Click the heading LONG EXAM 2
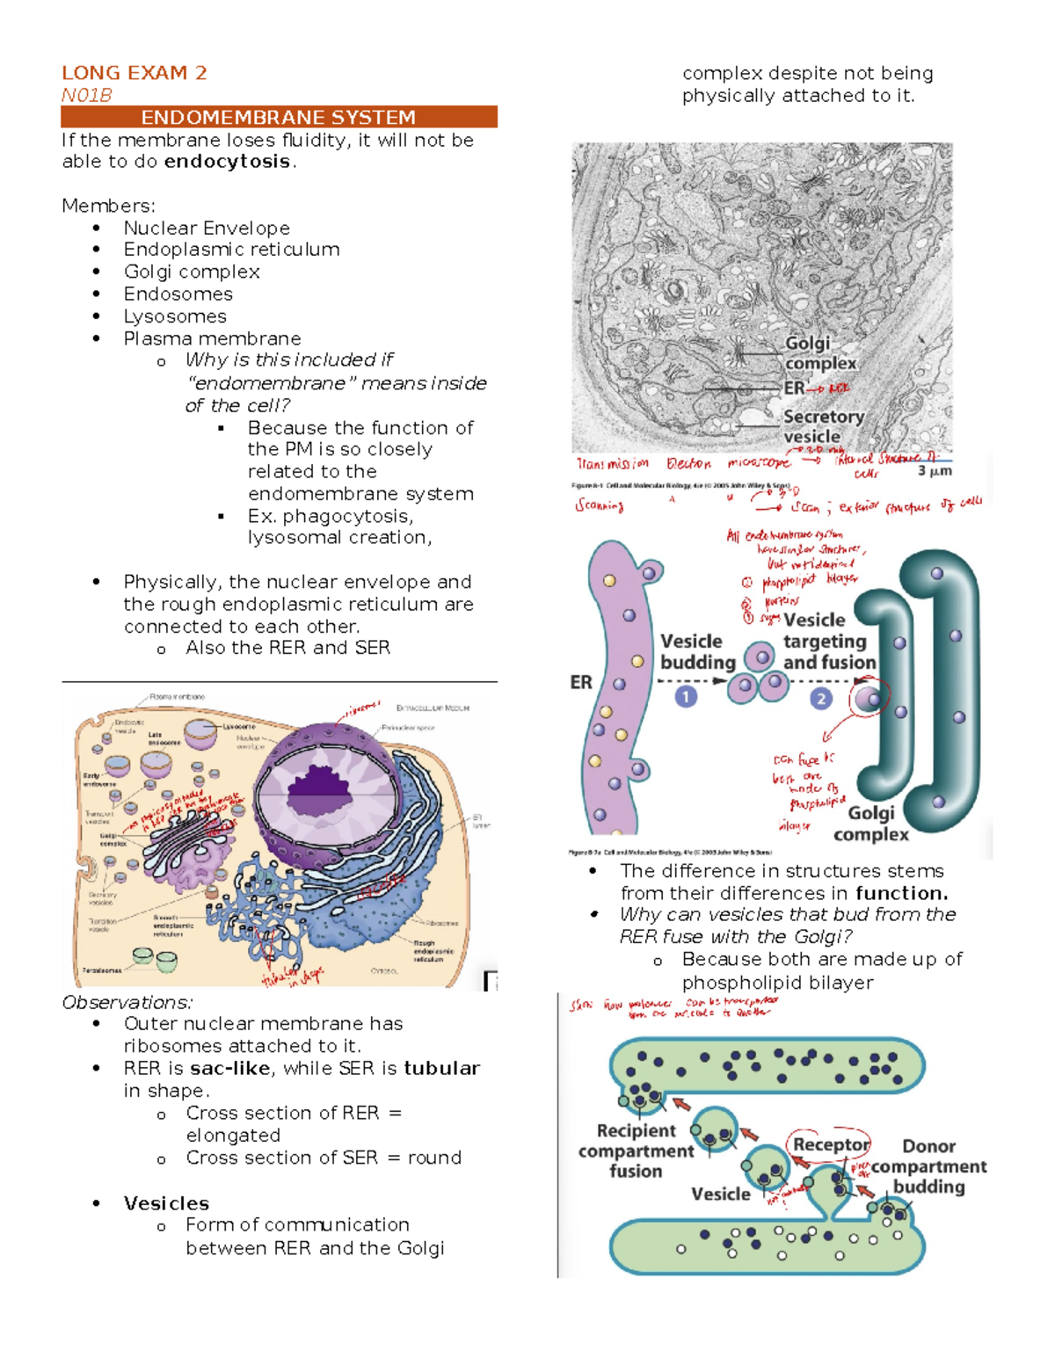click(x=134, y=73)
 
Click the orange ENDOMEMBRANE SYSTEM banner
click(x=279, y=117)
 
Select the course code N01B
click(x=86, y=95)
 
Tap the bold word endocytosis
click(x=227, y=162)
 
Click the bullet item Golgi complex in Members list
click(x=191, y=272)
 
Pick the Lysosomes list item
click(x=174, y=316)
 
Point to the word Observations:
click(x=127, y=1002)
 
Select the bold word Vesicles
click(x=166, y=1203)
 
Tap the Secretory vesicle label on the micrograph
click(x=823, y=426)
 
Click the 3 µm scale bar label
click(x=934, y=471)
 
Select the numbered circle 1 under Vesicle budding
click(x=686, y=697)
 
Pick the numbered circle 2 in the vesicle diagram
click(x=820, y=699)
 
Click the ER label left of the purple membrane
click(x=581, y=682)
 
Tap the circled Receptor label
click(x=830, y=1144)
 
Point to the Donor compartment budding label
click(x=928, y=1166)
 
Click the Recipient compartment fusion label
click(x=636, y=1151)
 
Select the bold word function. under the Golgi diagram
click(x=901, y=893)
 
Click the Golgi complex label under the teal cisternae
click(x=870, y=824)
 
